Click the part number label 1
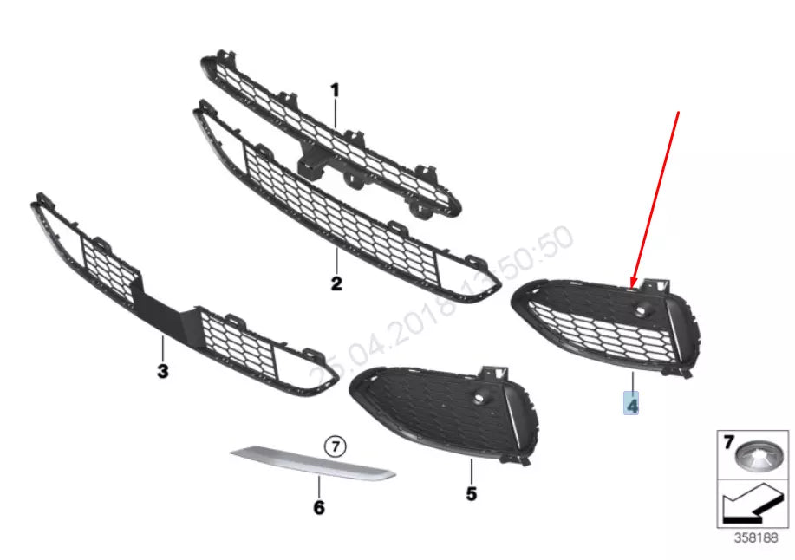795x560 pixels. point(335,90)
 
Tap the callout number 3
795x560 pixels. point(162,371)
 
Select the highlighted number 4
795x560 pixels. point(632,403)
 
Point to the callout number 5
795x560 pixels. point(471,493)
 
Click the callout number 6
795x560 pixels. point(318,507)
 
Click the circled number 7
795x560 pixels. point(336,446)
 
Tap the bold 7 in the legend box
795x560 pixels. point(727,444)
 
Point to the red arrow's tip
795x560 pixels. point(634,286)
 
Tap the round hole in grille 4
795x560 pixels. point(645,309)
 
